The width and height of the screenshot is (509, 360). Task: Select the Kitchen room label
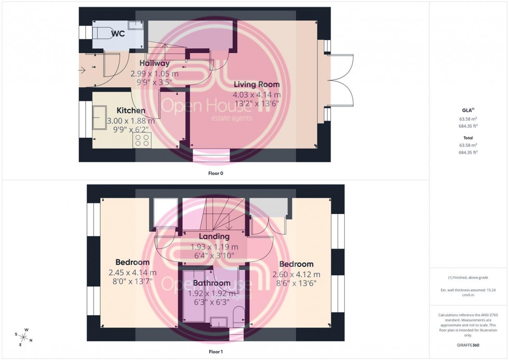click(130, 111)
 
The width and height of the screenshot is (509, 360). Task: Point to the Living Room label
click(256, 84)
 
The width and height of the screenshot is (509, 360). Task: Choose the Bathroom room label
click(211, 283)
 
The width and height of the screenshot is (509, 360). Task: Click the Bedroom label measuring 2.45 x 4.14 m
click(132, 262)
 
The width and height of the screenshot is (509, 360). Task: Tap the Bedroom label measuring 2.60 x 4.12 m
click(296, 264)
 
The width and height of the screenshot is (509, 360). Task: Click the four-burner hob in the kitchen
click(142, 140)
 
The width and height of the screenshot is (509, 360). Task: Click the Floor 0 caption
click(215, 173)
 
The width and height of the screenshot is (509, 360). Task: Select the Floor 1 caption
click(215, 352)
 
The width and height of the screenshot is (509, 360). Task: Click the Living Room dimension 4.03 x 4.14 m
click(257, 95)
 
